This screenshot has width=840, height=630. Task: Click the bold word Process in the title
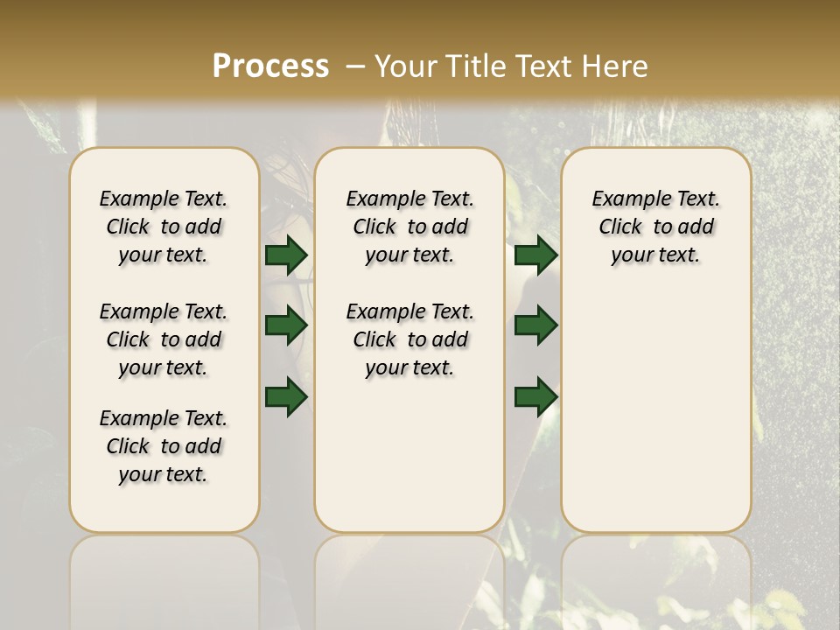(x=270, y=66)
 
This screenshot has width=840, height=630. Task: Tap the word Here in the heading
(x=617, y=66)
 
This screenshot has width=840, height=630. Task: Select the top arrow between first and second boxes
(x=286, y=255)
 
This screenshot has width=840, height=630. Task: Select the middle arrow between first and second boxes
(x=286, y=325)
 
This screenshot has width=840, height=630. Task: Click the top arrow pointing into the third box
(x=535, y=255)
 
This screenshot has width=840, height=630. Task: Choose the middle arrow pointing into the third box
(x=535, y=325)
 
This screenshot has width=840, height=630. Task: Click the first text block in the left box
(x=164, y=227)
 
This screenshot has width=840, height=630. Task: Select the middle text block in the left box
(x=164, y=339)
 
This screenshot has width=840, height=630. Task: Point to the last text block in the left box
(x=164, y=446)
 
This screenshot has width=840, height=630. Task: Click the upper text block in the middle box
(x=409, y=227)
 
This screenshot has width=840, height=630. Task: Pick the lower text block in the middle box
(x=409, y=339)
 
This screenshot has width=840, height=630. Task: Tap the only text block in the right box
(x=656, y=227)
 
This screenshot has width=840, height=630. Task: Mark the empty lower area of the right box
(x=656, y=402)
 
